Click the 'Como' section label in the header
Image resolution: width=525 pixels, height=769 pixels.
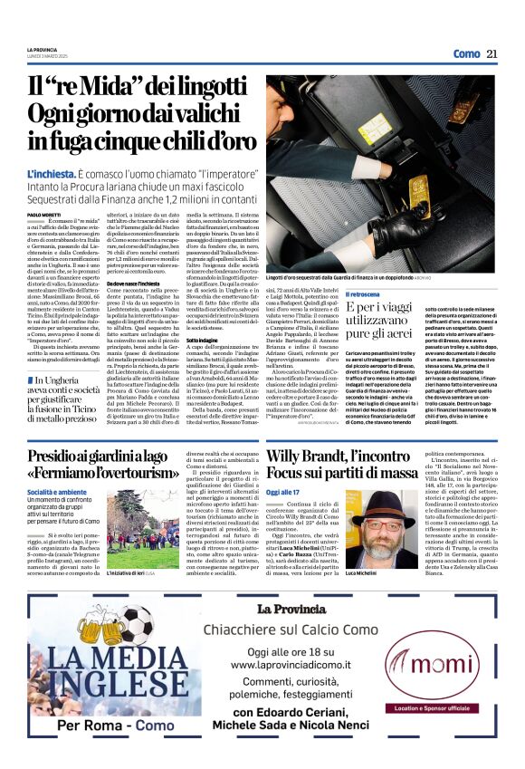coord(466,53)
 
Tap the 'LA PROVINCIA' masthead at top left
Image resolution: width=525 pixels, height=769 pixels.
coord(42,49)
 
